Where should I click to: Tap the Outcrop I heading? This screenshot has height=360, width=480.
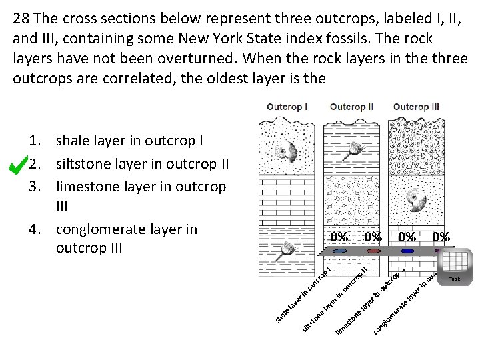coord(287,107)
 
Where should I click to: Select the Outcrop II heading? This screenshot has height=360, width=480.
coord(351,107)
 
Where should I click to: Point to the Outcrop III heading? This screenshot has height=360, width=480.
coord(416,107)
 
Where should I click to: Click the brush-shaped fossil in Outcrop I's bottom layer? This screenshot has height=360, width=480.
coord(290,249)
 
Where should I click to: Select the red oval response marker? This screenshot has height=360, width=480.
coord(373,252)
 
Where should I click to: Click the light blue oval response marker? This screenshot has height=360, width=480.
coord(339,252)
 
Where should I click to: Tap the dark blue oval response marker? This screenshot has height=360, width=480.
coord(407,252)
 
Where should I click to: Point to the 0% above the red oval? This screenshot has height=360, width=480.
coord(373,237)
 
